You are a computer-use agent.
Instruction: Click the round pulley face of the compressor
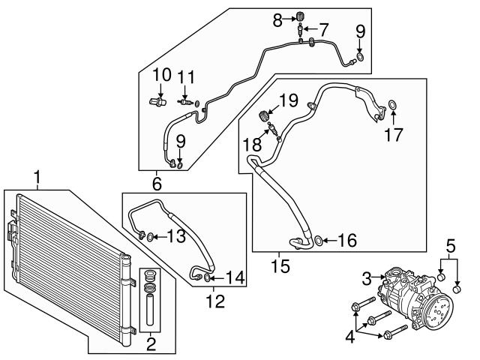438,309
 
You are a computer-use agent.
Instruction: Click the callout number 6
157,182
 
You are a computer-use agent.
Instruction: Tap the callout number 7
324,30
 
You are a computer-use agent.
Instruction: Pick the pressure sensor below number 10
157,100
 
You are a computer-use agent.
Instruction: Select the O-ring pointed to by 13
151,238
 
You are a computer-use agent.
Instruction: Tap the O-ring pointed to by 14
208,278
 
